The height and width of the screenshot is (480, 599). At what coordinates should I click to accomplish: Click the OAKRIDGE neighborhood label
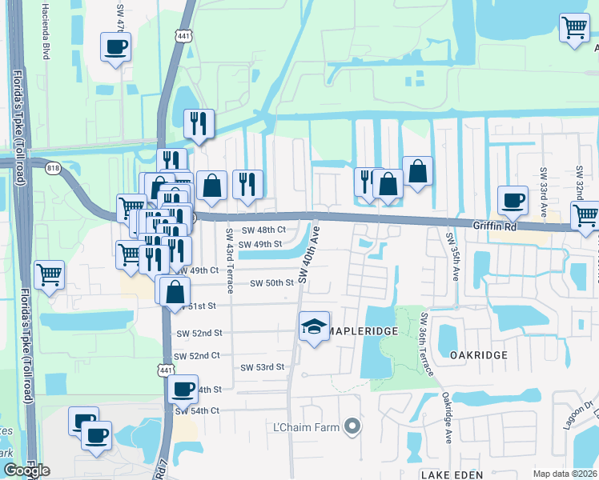[x=472, y=354]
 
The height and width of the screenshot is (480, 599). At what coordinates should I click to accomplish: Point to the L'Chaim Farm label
[x=308, y=426]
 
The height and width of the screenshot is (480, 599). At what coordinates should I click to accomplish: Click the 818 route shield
[x=54, y=167]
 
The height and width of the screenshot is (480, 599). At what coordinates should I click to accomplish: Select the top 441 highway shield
[x=183, y=36]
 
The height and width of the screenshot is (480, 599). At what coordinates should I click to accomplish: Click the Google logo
[x=26, y=470]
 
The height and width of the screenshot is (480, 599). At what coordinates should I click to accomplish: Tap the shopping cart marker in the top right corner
[x=575, y=28]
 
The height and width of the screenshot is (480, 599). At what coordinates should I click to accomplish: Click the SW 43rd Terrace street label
[x=229, y=261]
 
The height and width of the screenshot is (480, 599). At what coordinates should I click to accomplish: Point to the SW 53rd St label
[x=263, y=367]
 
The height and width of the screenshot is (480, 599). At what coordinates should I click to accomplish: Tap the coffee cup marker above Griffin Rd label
[x=513, y=200]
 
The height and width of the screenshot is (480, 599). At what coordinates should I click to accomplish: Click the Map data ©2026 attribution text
[x=565, y=474]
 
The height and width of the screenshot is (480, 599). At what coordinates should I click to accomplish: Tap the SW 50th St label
[x=272, y=283]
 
